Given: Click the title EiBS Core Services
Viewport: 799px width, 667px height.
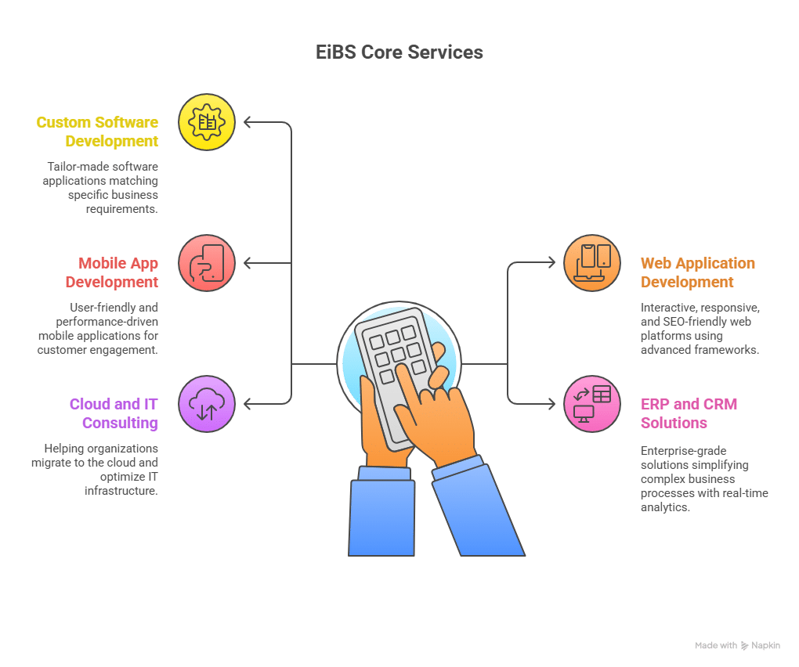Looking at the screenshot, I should pos(399,52).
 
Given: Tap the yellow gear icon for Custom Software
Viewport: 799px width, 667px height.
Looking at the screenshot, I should pos(207,122).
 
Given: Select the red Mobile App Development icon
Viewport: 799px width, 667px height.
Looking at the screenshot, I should pos(207,263).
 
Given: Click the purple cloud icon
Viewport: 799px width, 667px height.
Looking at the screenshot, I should pos(207,404).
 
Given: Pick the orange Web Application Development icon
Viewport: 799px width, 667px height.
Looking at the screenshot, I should pos(592,263).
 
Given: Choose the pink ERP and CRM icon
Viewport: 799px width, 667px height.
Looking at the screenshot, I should pos(592,404).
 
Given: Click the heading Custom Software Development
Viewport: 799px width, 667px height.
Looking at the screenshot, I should pos(97,132).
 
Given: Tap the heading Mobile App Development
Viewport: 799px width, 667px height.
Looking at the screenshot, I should pos(111,272).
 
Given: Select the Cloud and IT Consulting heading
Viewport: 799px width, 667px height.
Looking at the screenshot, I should pos(114,413).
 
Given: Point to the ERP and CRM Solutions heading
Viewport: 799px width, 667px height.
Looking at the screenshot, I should pos(689,413).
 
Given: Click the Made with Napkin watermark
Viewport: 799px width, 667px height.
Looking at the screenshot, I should pos(737,646).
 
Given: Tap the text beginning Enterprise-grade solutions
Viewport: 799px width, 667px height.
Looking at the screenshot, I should pos(704,479).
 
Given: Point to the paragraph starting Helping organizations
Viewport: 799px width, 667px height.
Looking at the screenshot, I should pos(95,470).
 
